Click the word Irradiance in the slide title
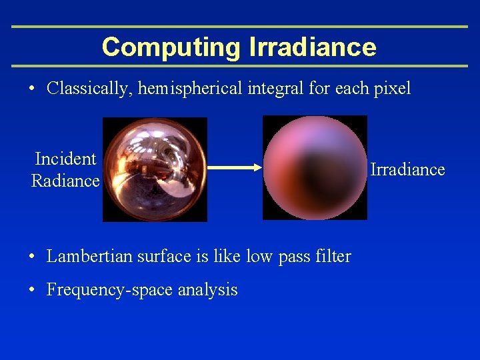click(312, 47)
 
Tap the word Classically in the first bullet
click(90, 89)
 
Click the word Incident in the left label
click(65, 159)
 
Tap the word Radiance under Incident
click(65, 181)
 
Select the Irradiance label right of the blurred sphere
click(407, 170)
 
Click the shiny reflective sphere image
click(155, 169)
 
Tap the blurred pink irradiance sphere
click(315, 167)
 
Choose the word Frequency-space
click(106, 290)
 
